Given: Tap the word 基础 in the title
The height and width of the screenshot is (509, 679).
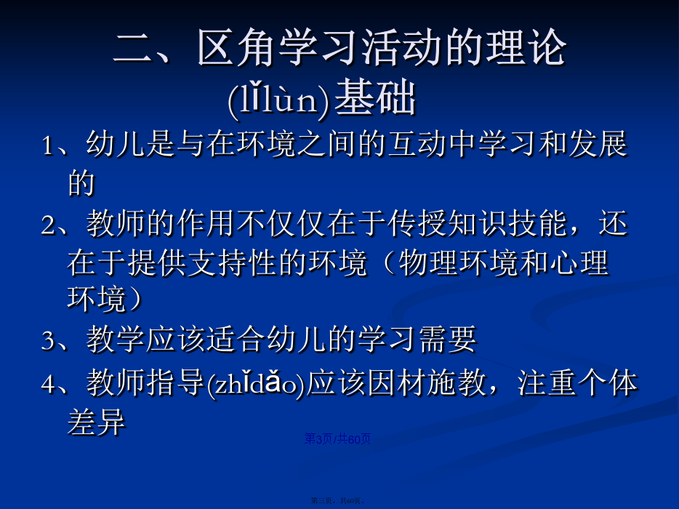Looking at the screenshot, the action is click(x=375, y=98).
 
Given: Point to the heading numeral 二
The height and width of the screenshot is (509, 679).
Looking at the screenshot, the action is click(x=132, y=49).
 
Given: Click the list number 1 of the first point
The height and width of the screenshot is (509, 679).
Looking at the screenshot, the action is click(x=47, y=145).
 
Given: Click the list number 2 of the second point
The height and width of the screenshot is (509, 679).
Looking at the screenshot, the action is click(x=48, y=225).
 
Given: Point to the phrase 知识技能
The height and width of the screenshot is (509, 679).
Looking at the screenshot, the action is click(x=507, y=223).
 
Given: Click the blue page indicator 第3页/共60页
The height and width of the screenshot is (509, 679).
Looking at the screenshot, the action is click(x=337, y=438).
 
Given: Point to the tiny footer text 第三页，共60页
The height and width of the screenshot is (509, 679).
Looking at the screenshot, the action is click(x=337, y=501).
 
